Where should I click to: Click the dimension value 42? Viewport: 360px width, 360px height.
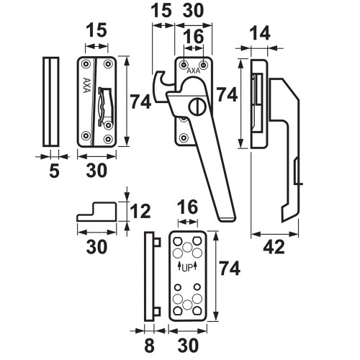coord(274,247)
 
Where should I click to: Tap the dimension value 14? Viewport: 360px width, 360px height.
coord(260,33)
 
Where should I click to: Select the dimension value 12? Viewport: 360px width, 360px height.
coord(140,211)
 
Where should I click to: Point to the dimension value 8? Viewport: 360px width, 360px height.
coord(149,346)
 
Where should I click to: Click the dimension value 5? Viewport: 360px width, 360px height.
coord(54,171)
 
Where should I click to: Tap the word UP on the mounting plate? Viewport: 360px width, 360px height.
coord(188,268)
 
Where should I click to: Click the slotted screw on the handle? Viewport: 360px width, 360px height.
coord(197,107)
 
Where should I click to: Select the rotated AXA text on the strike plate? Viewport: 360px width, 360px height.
coord(86,85)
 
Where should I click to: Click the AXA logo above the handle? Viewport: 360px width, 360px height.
coord(193,71)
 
